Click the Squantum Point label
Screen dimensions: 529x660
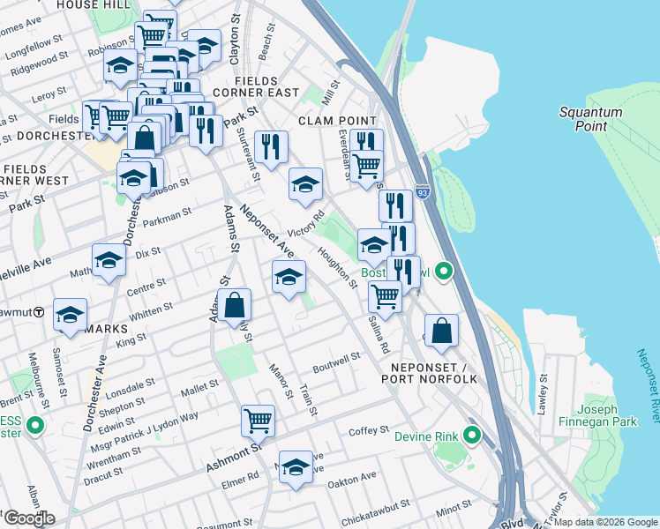click(589, 119)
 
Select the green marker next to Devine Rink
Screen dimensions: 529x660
click(473, 435)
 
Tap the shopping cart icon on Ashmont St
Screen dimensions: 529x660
click(258, 420)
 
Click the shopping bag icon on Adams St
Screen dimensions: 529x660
click(235, 305)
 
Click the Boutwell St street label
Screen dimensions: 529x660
click(338, 359)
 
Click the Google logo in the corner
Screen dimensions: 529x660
click(28, 518)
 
